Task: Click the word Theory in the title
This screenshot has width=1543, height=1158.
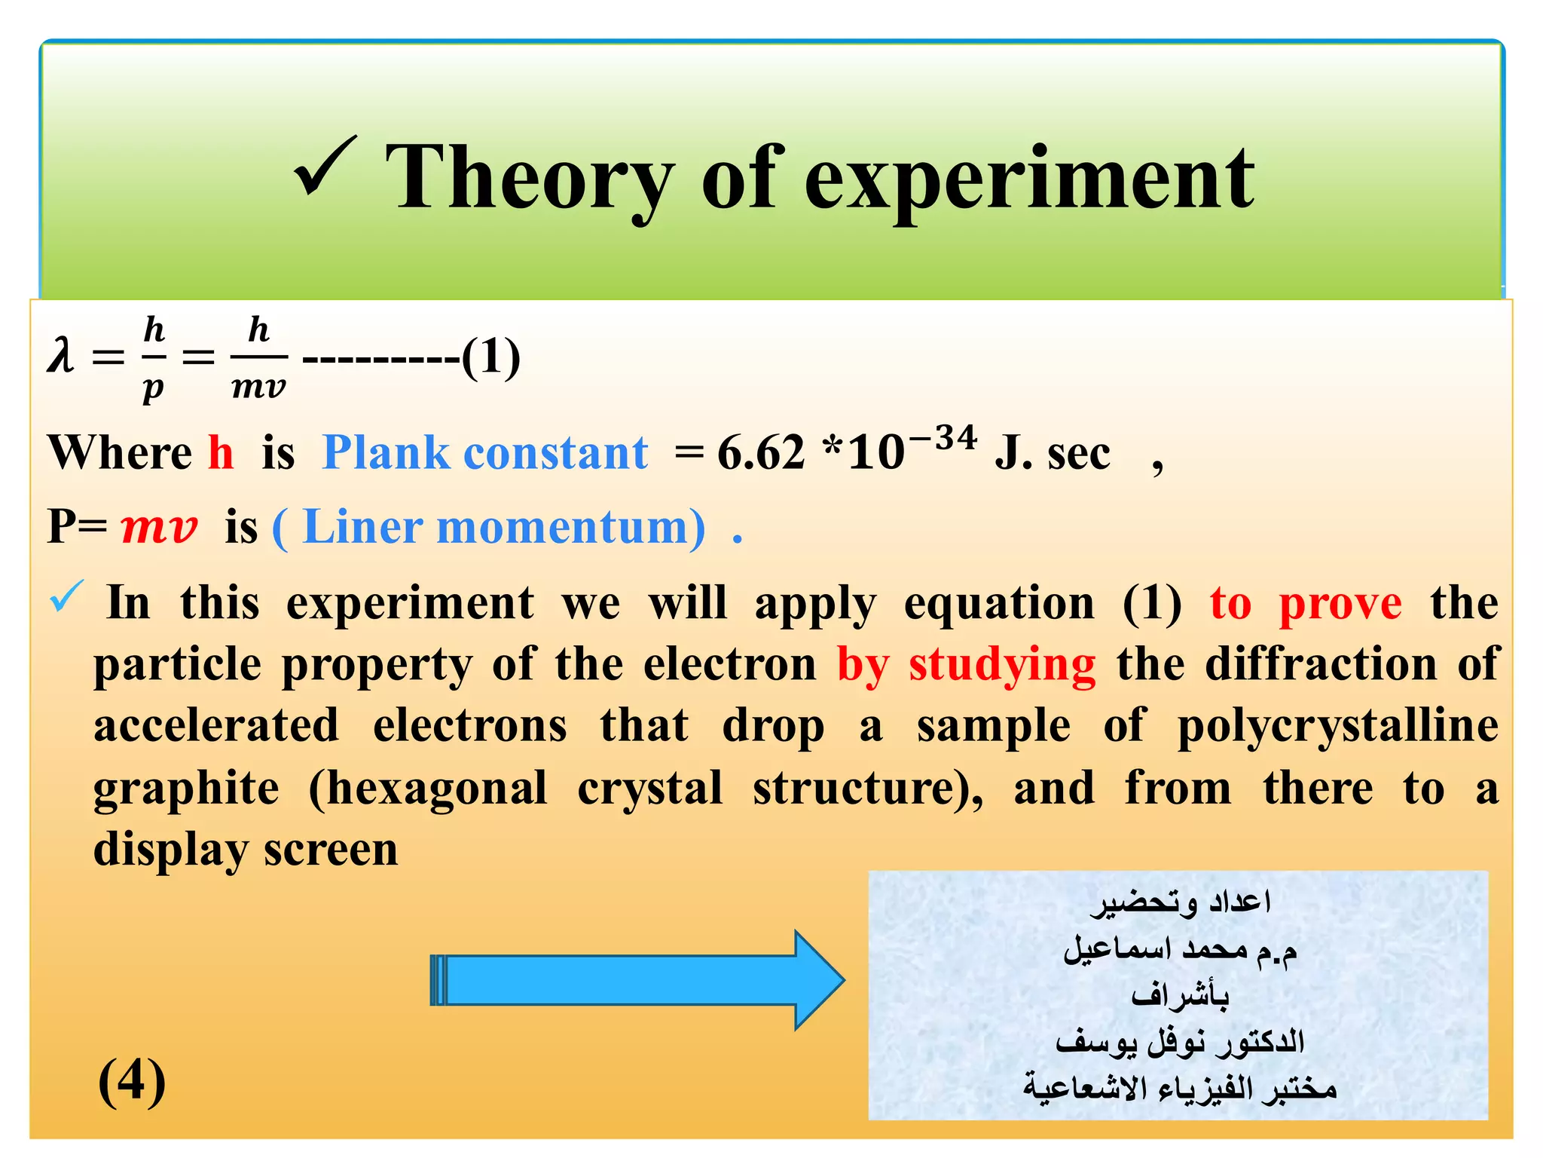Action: coord(527,179)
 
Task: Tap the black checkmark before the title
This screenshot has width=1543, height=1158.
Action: coord(325,167)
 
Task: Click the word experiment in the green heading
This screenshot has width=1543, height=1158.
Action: coord(1028,181)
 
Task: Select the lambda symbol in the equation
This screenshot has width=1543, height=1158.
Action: coord(60,356)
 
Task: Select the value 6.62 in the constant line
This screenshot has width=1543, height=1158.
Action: coord(761,454)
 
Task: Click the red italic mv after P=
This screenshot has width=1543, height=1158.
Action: coord(159,527)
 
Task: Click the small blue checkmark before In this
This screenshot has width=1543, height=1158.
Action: coord(66,597)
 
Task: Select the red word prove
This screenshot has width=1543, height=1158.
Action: coord(1340,605)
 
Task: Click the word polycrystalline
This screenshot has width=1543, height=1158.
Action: coord(1338,727)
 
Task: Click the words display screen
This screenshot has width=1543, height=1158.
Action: coord(246,850)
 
